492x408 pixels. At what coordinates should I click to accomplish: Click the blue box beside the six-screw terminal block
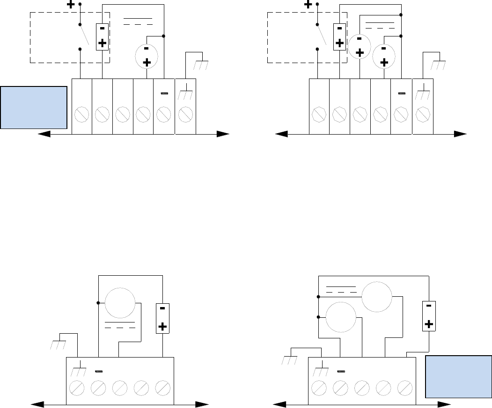coord(34,107)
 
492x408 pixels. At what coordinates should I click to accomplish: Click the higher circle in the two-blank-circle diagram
coord(377,297)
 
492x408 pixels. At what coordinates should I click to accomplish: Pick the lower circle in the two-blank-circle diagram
coord(341,316)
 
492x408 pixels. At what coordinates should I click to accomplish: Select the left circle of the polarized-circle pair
coord(360,47)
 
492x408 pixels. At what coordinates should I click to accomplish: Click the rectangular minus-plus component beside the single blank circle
coord(162,318)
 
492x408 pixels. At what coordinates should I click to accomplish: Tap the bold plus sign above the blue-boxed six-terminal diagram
coord(71,5)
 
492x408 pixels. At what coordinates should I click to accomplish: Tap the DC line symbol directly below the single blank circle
coord(120,324)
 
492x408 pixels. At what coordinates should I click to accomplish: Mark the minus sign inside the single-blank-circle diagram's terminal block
coord(98,372)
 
